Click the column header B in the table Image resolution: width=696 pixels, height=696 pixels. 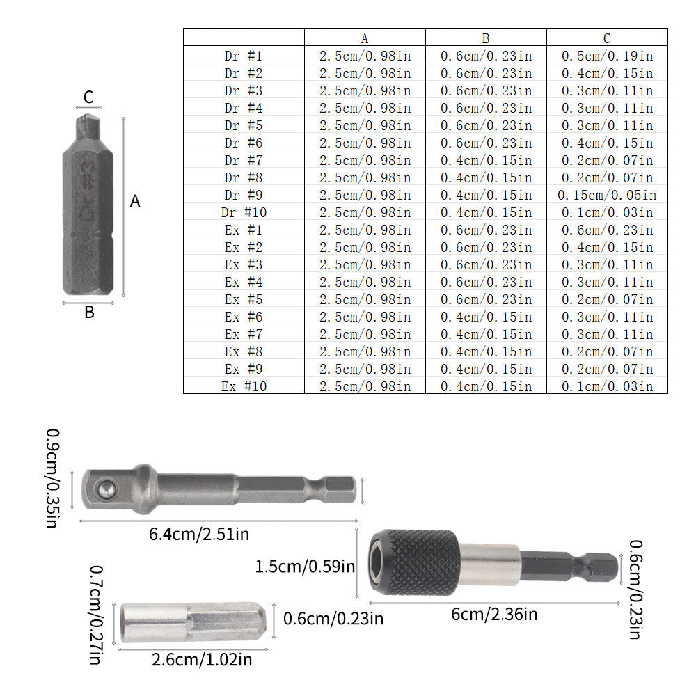click(486, 38)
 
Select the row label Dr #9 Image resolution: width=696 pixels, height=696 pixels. click(243, 195)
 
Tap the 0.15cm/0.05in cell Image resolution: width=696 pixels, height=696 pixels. click(607, 195)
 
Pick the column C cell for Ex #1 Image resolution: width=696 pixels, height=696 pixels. click(607, 230)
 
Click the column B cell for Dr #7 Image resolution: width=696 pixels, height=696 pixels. click(486, 160)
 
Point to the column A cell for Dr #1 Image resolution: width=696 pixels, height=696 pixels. click(365, 56)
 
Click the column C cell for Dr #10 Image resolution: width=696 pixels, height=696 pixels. click(607, 212)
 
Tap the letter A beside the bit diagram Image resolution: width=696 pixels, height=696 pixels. click(135, 202)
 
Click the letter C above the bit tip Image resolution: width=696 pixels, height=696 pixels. click(88, 97)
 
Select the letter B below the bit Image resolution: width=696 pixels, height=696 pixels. click(89, 313)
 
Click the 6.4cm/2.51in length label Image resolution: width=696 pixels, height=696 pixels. click(199, 535)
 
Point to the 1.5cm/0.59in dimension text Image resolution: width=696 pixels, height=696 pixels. click(306, 567)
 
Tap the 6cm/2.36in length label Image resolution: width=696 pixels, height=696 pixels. click(494, 614)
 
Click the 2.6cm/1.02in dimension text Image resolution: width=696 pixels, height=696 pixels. click(202, 659)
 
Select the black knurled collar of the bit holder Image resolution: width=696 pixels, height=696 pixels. click(416, 562)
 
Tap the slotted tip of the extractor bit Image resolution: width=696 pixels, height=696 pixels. click(88, 129)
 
